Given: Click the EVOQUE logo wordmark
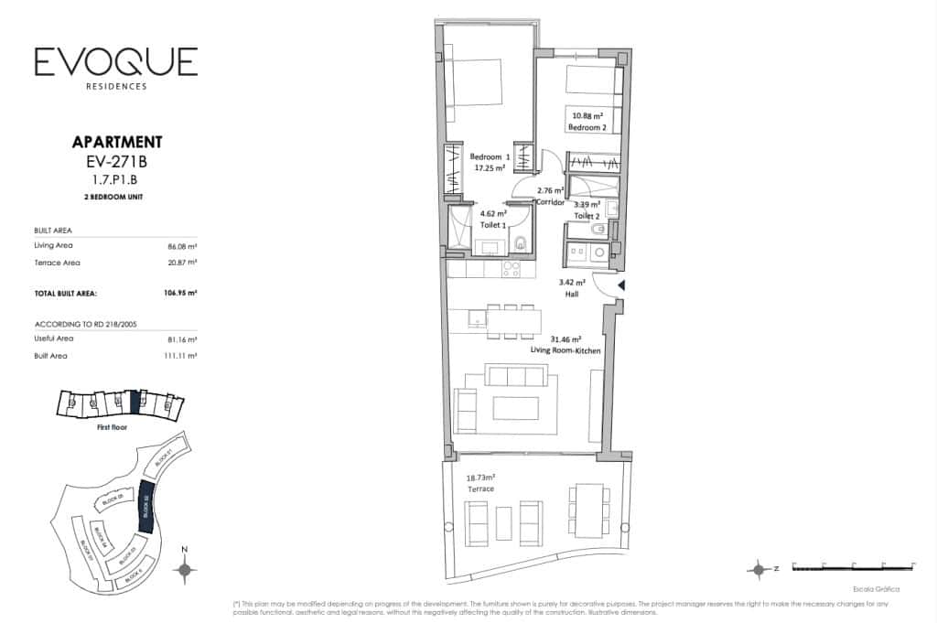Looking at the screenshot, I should tap(115, 62).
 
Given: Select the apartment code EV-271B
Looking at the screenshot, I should tap(116, 162).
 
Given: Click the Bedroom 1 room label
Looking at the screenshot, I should tap(490, 156).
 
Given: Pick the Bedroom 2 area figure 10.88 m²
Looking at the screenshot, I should tap(587, 116).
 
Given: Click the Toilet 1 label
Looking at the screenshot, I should tap(495, 223).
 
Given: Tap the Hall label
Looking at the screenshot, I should tap(572, 295).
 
